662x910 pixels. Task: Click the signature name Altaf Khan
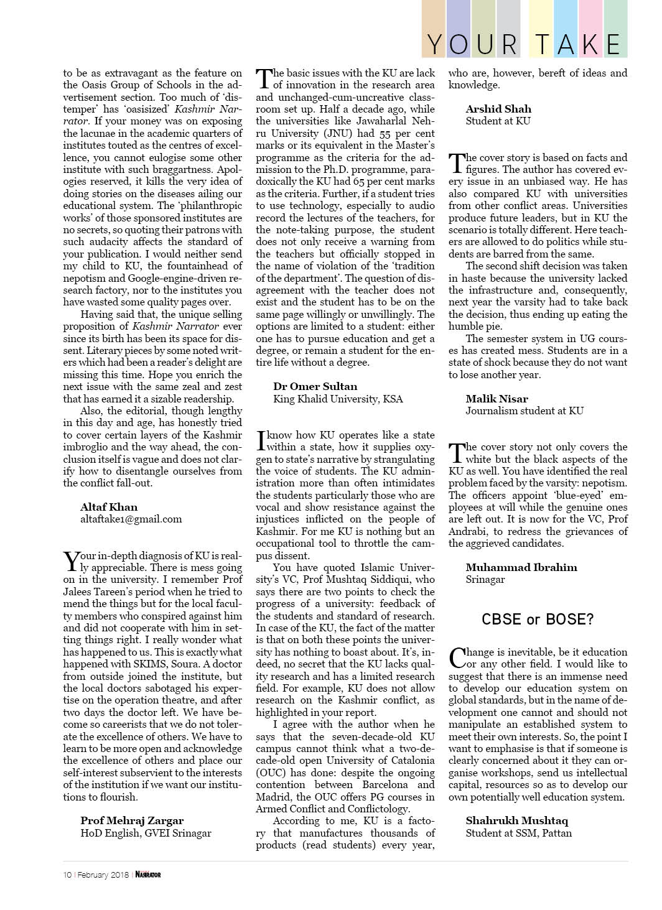tap(109, 507)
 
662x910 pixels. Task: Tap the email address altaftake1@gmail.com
tap(131, 519)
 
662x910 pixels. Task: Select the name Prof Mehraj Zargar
tap(132, 820)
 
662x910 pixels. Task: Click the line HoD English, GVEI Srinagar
tap(146, 833)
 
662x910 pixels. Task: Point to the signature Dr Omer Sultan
tap(315, 386)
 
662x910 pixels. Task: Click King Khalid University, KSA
tap(338, 399)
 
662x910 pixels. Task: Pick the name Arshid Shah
tap(498, 109)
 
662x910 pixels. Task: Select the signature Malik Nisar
tap(496, 399)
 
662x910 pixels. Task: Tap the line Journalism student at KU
tap(524, 411)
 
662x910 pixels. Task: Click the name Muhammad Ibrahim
tap(521, 567)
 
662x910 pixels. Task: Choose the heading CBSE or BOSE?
tap(538, 619)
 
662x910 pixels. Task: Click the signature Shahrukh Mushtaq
tap(516, 820)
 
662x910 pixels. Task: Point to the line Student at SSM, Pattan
tap(518, 833)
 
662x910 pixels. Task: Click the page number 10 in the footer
tap(67, 875)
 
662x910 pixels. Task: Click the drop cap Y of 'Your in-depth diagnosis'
tap(72, 561)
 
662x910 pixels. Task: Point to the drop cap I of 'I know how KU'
tap(261, 440)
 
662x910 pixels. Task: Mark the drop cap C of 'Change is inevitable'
tap(457, 657)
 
